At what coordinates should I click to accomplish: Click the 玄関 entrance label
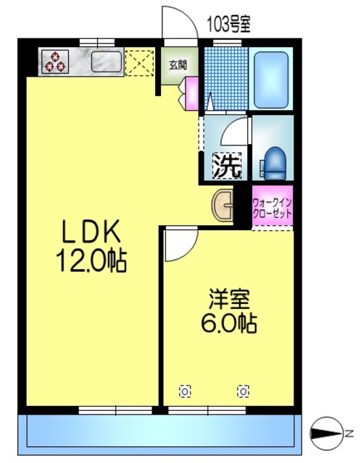tap(178, 64)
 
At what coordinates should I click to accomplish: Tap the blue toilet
tap(274, 162)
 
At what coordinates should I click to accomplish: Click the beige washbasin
tap(224, 205)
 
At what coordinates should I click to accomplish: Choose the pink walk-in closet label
tap(273, 208)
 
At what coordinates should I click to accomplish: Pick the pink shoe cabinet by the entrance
tap(193, 93)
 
